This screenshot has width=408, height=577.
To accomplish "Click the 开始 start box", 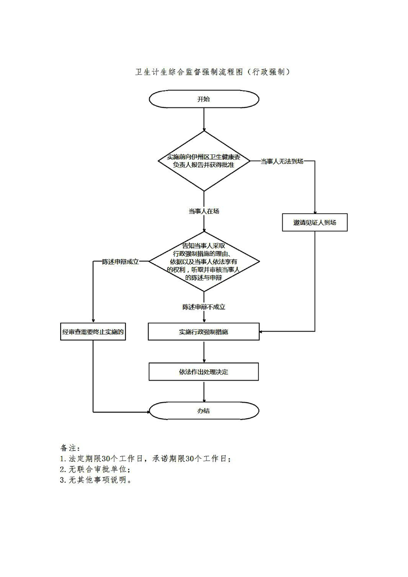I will (x=204, y=99).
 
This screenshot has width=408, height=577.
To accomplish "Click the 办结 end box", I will (x=204, y=411).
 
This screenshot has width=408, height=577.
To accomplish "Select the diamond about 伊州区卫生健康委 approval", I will (x=204, y=161).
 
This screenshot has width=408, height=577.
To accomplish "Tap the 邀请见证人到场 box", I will (x=315, y=223).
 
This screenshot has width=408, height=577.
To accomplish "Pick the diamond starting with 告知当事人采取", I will (x=204, y=262).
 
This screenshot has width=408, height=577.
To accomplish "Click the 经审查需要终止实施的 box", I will (x=93, y=332).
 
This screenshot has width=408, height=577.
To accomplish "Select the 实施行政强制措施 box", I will (x=204, y=332).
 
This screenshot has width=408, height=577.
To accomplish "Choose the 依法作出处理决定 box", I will (x=204, y=371).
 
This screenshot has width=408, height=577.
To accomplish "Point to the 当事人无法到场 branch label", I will (x=282, y=161).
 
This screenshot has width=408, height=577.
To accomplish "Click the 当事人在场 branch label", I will (x=204, y=211).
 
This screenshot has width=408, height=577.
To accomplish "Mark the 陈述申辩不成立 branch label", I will (x=204, y=307).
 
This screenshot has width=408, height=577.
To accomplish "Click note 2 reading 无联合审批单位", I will (x=96, y=470).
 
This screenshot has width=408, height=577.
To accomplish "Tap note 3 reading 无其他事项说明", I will (x=96, y=481).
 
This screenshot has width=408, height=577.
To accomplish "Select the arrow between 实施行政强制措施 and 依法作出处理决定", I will (x=204, y=352).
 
